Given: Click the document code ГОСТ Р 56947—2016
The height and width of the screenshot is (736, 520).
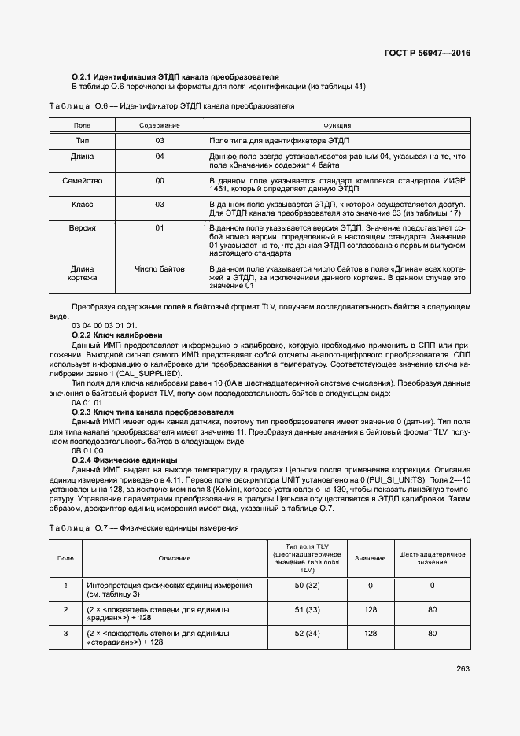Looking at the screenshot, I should (x=428, y=54).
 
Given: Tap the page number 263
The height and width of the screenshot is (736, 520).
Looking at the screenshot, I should (x=463, y=669).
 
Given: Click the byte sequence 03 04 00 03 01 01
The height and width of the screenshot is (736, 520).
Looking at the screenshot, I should (x=104, y=325).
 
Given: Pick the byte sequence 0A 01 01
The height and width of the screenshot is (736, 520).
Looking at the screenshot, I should (x=87, y=402).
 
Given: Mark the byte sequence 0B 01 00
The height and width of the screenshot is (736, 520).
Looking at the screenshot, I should (x=87, y=450).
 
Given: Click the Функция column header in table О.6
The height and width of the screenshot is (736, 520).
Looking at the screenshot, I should (x=337, y=125).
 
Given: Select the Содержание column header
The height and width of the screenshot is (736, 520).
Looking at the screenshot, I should (x=160, y=125).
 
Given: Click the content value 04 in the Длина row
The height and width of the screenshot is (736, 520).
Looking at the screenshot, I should (x=160, y=157).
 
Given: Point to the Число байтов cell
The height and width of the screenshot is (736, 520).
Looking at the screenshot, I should (x=160, y=269).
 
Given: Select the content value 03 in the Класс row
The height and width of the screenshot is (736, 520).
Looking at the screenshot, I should (x=160, y=204).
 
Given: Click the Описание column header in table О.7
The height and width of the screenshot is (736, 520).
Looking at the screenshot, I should (x=174, y=558).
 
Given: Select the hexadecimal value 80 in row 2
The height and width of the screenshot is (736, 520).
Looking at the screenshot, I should (x=432, y=609).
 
